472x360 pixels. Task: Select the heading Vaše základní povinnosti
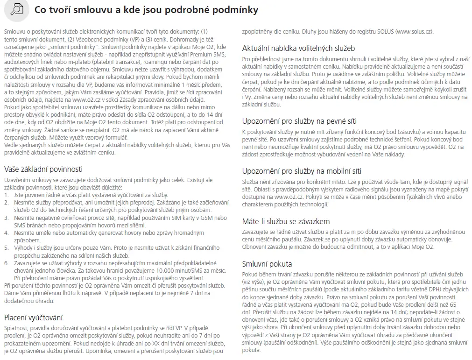[x=43, y=169]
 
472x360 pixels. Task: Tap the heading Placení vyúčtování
[x=33, y=318]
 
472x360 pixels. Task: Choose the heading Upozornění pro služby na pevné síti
[x=299, y=121]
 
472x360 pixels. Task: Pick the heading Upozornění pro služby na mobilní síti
[x=302, y=171]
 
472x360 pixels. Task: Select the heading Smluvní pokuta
[x=267, y=264]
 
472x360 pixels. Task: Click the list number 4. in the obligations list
[x=7, y=233]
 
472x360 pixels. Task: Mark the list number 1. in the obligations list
[x=7, y=195]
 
